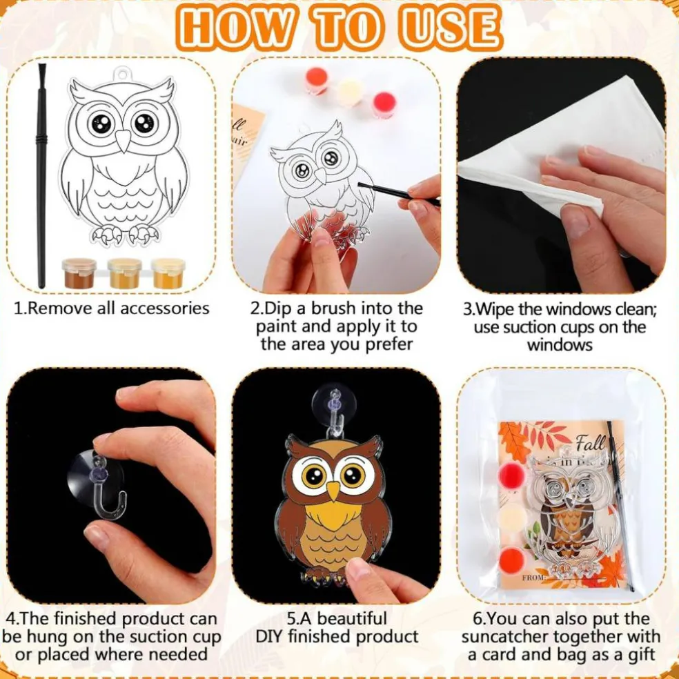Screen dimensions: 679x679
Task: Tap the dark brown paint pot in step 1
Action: pos(79,273)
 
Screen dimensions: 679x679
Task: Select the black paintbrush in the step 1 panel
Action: pos(41,175)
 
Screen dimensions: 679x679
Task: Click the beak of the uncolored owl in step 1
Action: pos(124,141)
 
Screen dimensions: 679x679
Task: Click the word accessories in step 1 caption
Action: pos(164,308)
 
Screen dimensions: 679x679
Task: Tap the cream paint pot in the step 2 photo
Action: pos(350,92)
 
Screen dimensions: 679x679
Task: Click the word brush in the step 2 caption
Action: pos(334,308)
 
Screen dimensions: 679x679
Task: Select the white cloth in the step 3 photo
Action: pos(563,143)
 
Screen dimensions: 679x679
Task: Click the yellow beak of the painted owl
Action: pos(333,491)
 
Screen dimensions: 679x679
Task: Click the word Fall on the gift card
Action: pos(590,442)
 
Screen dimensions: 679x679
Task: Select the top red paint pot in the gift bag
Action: pos(511,476)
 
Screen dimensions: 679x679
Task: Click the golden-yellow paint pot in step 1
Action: pos(168,273)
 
